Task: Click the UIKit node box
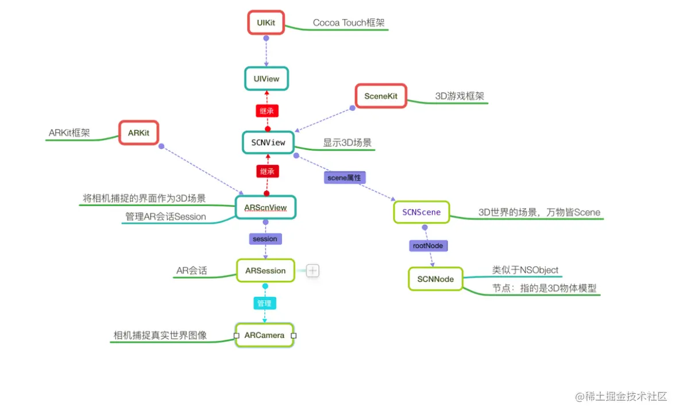266,22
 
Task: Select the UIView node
266,79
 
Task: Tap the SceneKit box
380,96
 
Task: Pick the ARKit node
138,133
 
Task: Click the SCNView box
268,142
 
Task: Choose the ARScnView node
266,207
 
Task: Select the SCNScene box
421,212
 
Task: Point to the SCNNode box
435,279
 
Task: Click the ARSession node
265,270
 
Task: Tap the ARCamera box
264,335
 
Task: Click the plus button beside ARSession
313,270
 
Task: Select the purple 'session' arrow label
265,239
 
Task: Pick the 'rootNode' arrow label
428,246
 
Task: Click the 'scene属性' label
345,178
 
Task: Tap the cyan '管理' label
264,303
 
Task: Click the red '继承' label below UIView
267,110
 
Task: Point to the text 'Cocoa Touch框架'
349,23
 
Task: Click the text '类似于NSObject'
525,270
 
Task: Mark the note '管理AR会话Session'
165,217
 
